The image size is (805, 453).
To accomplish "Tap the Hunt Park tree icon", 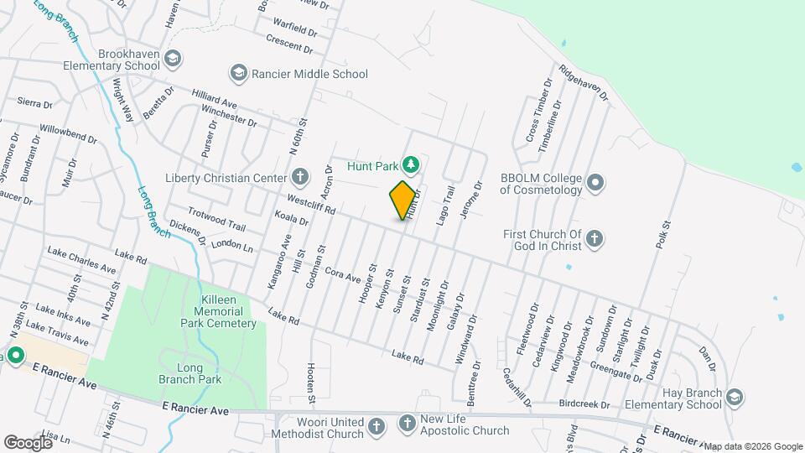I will [x=411, y=162].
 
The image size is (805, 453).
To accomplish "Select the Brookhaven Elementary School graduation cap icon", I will [x=173, y=59].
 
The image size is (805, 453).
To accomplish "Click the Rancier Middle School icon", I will [x=239, y=74].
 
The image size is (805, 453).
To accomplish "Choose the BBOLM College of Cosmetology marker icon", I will [x=595, y=182].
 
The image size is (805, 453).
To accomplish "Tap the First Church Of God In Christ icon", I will [x=595, y=240].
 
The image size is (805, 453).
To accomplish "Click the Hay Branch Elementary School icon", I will [x=735, y=397].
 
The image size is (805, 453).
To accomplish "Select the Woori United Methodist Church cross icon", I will [x=377, y=426].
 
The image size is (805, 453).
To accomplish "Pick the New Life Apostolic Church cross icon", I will [x=408, y=423].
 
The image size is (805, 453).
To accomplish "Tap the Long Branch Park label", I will [x=200, y=373].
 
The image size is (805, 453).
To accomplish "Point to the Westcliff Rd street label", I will [x=311, y=203].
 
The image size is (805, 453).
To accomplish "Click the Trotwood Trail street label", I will [x=216, y=220].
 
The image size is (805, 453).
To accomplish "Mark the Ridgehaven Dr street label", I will [x=583, y=83].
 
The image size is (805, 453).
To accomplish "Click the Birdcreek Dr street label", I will [x=585, y=404].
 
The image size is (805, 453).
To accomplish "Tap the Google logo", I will [x=28, y=442].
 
